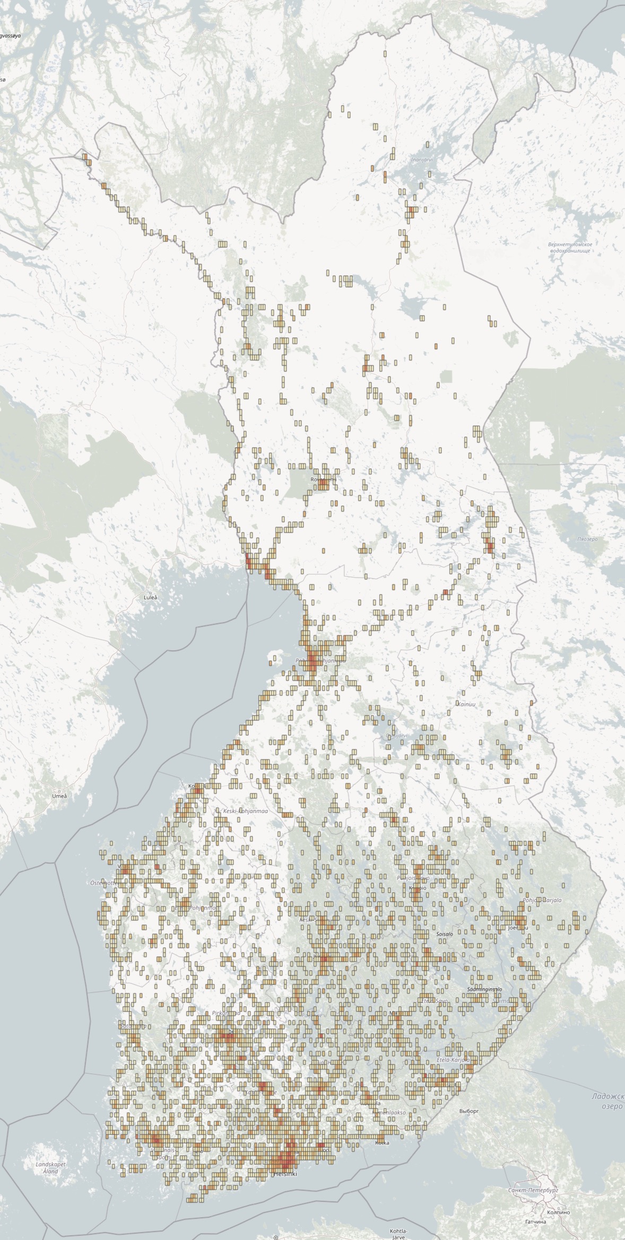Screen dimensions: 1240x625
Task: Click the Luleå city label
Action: click(151, 597)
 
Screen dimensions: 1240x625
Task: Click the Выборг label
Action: click(469, 1111)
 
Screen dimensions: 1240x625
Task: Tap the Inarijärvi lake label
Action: click(422, 159)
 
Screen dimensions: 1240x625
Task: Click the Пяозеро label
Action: click(587, 539)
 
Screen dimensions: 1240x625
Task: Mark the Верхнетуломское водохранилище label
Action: click(570, 247)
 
